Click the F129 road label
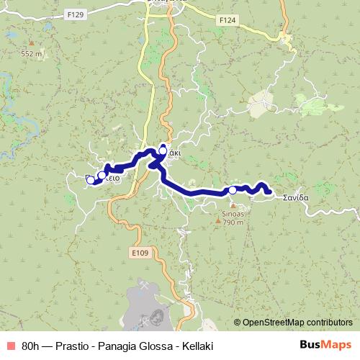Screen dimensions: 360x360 click(x=75, y=13)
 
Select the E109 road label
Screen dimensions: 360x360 click(x=140, y=253)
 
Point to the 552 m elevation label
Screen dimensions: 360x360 click(x=32, y=54)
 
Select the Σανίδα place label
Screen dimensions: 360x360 click(x=295, y=197)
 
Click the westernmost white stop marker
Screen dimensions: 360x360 click(x=91, y=180)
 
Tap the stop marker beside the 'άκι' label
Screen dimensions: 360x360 click(x=163, y=151)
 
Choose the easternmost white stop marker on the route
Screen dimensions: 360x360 click(x=233, y=190)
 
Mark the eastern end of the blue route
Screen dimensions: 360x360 click(x=269, y=192)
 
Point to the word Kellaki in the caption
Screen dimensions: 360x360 click(x=196, y=345)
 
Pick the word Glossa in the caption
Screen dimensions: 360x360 click(x=153, y=345)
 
